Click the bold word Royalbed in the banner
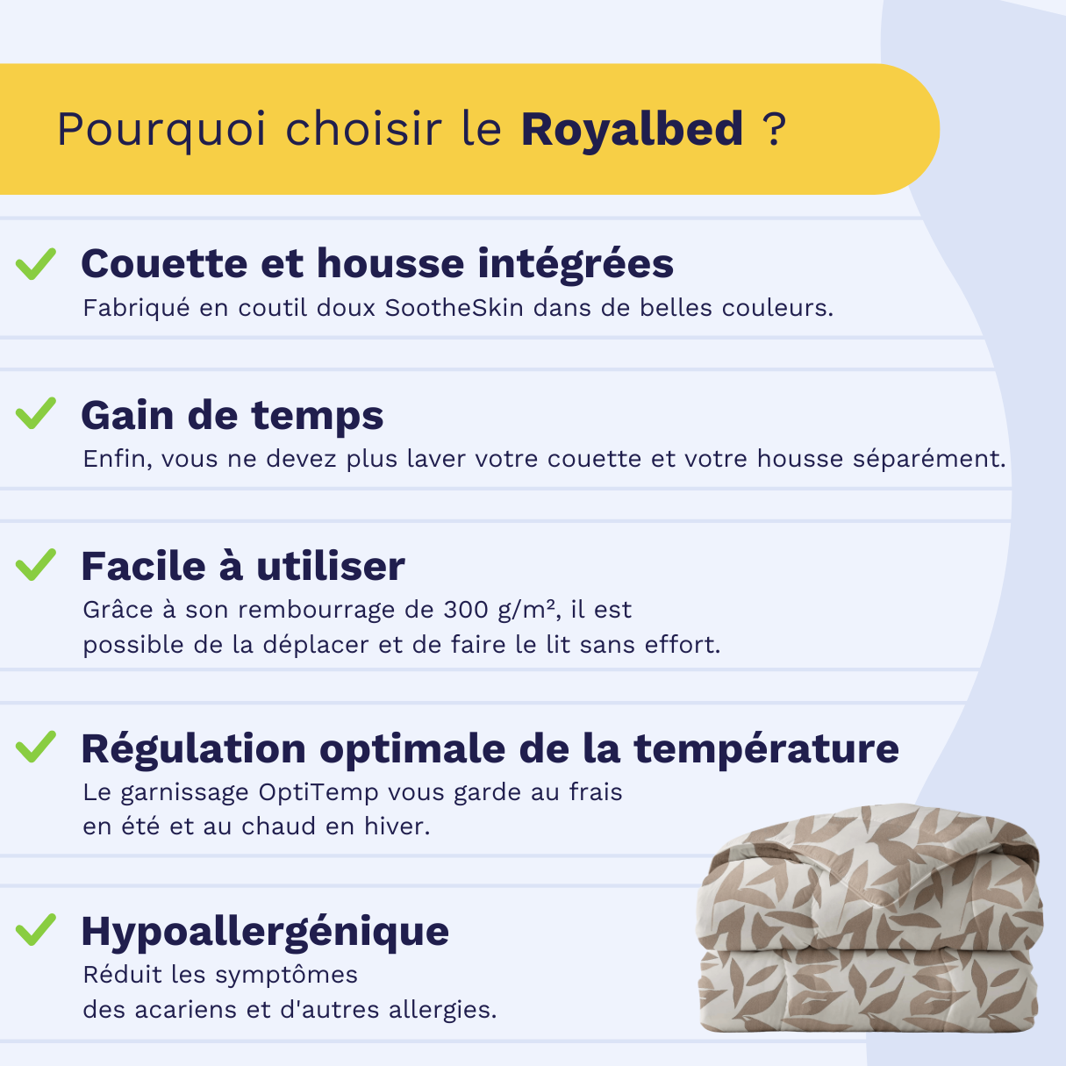[x=632, y=131]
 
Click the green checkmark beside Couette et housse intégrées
[x=36, y=264]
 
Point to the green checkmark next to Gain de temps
[x=36, y=413]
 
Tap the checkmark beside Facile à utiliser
[x=36, y=565]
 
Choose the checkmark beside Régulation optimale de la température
[x=36, y=747]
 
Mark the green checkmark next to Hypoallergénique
[x=36, y=929]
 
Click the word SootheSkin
[x=454, y=308]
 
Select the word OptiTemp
[x=318, y=793]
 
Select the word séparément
[x=929, y=459]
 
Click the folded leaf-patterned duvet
[x=869, y=919]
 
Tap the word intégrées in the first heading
[x=576, y=264]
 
